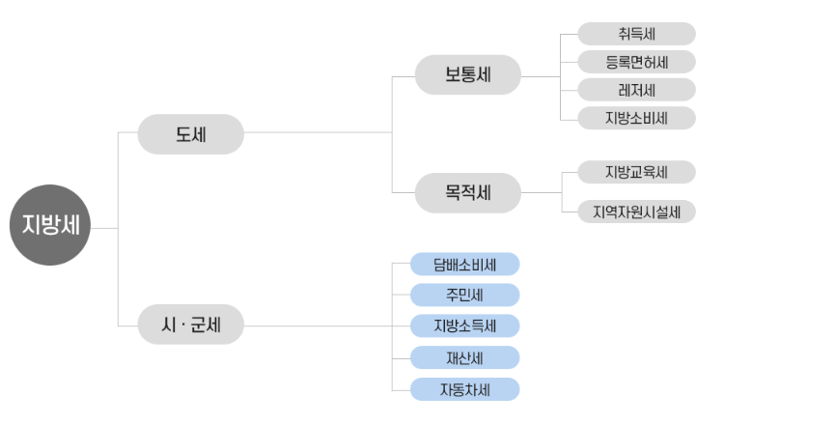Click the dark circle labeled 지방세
coord(50,225)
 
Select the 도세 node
coord(190,134)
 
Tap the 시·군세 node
coord(190,325)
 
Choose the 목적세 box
coord(468,192)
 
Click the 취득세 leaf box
coord(637,34)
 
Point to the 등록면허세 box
coord(637,62)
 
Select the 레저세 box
coord(637,90)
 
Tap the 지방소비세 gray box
coord(637,118)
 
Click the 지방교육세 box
coord(637,172)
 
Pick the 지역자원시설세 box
coord(637,212)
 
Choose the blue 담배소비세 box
coord(464,264)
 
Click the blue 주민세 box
coord(464,295)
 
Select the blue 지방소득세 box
coord(464,325)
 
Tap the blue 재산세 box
coord(464,357)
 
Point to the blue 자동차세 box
coord(464,389)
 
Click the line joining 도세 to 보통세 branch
coord(319,132)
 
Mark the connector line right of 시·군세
coord(319,325)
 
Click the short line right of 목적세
coord(541,192)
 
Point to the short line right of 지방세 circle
coord(104,228)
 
